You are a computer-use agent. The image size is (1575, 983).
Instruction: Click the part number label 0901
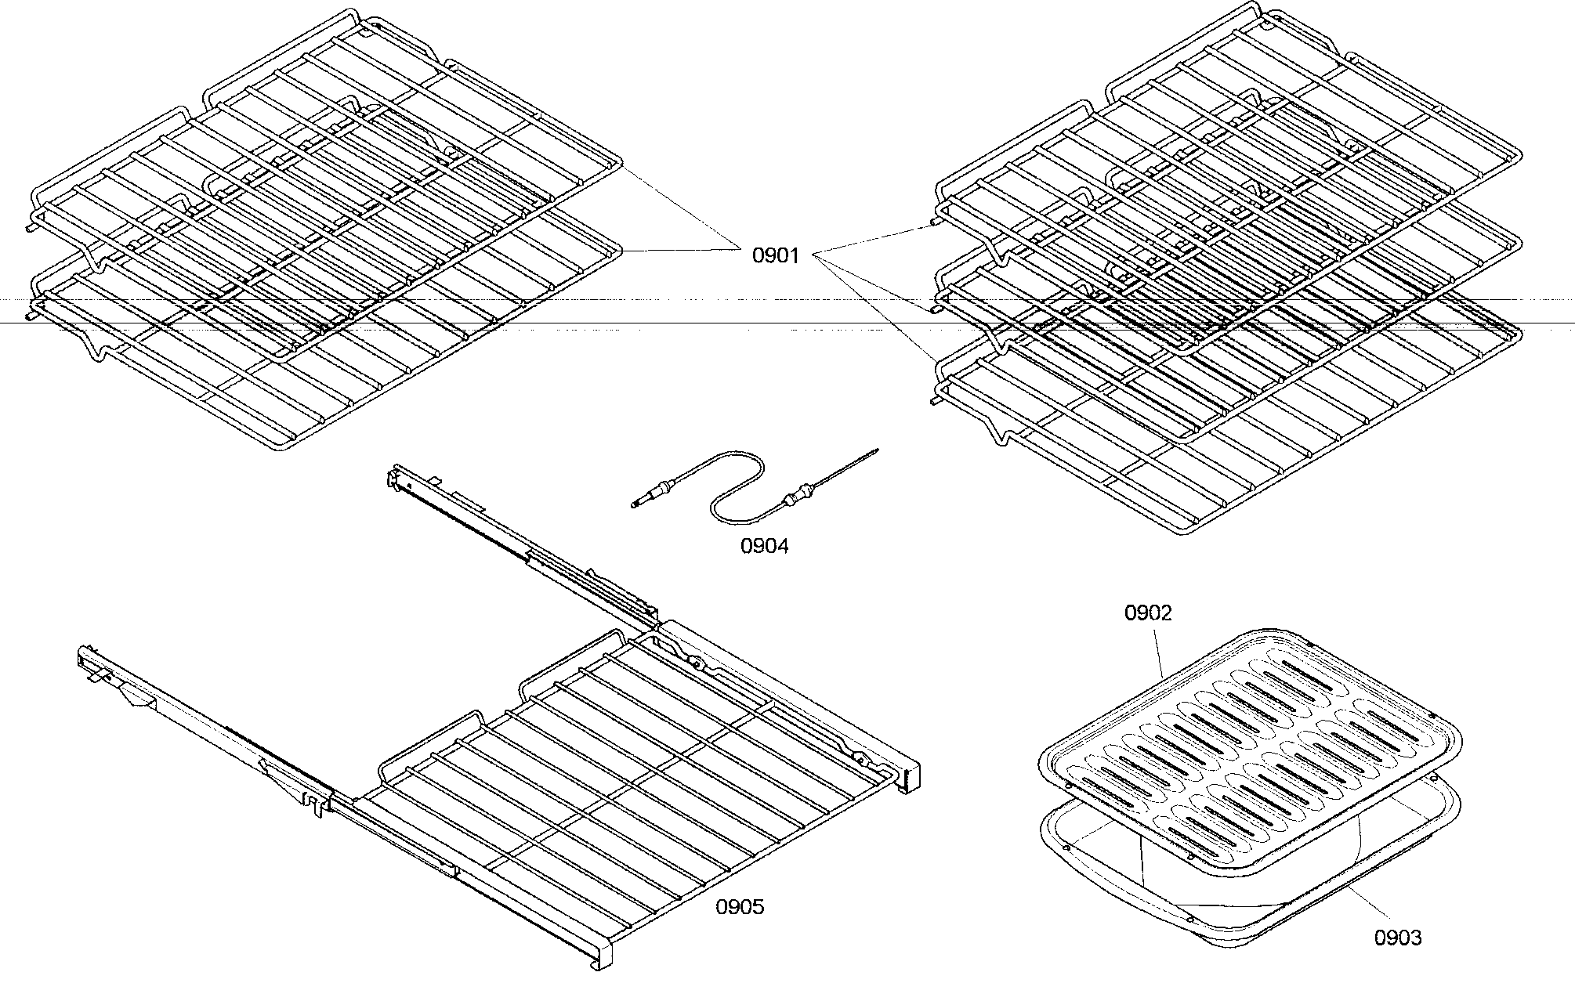point(776,255)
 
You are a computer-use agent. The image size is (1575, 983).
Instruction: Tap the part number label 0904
point(765,546)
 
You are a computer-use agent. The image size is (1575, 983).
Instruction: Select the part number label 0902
point(1148,613)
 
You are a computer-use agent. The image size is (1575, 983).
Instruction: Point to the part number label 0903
point(1398,937)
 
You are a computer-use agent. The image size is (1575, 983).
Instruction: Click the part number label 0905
point(740,907)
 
